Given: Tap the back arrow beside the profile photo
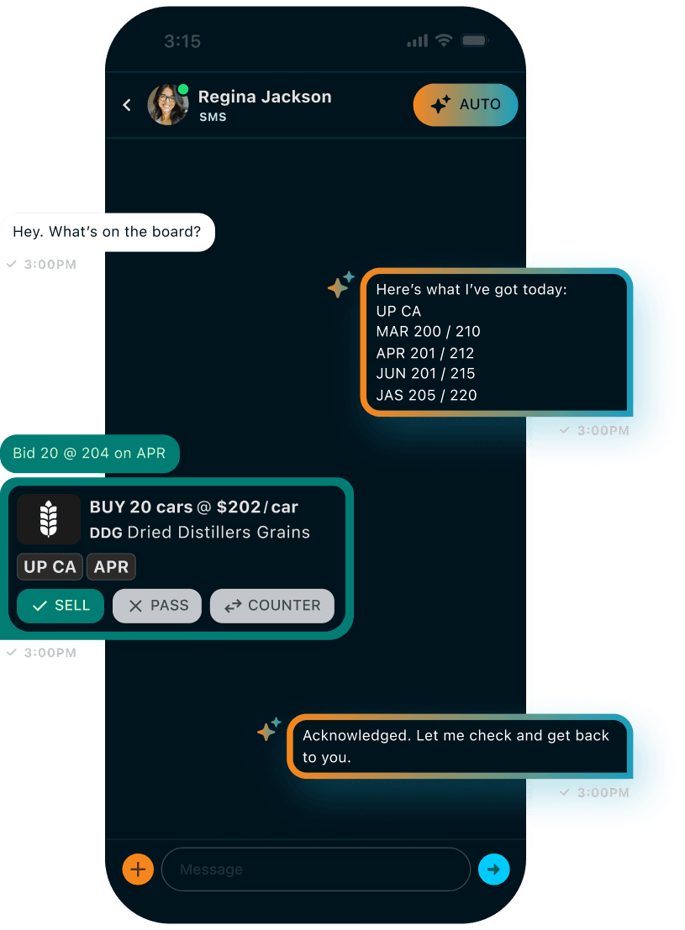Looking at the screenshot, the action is [x=127, y=105].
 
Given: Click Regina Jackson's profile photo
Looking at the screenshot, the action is [x=168, y=105].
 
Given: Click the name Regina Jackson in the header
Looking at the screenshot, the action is [x=265, y=97].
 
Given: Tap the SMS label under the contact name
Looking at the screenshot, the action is [x=213, y=118].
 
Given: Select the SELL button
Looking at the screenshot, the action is [x=61, y=606].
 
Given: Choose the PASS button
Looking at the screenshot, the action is [x=157, y=606].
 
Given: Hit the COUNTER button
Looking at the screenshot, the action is [x=271, y=606].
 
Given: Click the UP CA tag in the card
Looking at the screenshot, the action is [x=50, y=567].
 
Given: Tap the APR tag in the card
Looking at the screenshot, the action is [x=111, y=567].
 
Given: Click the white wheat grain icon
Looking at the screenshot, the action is [x=49, y=519].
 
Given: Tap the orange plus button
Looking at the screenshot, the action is [x=138, y=870].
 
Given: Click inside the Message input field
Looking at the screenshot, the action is [x=315, y=870].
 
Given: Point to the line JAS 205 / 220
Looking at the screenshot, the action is [x=426, y=395].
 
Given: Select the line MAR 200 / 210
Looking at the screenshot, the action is [x=428, y=332].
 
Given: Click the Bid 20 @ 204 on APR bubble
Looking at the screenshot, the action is [x=90, y=454].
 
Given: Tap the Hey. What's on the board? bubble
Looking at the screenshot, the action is [x=108, y=232].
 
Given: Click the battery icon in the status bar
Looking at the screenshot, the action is [x=475, y=40].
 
